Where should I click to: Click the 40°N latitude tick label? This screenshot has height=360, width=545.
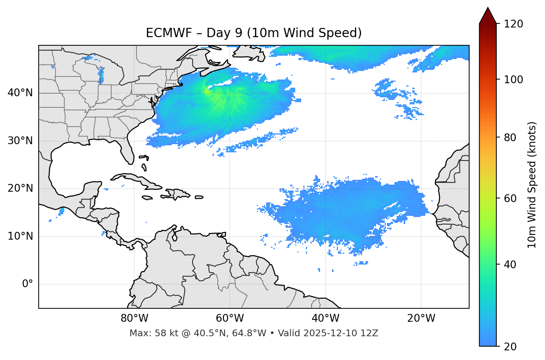coord(20,93)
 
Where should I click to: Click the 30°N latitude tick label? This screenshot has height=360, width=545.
coord(20,141)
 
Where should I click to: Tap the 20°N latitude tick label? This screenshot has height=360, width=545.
coord(20,188)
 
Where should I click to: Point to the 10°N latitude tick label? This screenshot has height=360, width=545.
coord(20,236)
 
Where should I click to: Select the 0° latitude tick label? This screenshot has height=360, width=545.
coord(28,284)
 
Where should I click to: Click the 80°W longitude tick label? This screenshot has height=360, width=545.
coord(134,318)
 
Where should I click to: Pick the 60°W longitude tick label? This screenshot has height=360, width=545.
coord(230,318)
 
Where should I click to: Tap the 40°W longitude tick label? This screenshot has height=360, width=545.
coord(325,318)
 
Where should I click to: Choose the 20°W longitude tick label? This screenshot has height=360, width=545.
coord(421,318)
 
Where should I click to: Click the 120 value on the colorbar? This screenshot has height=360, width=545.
coord(513,24)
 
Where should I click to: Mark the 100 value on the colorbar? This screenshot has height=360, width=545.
coord(513,80)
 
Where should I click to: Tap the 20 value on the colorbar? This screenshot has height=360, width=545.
coord(510,347)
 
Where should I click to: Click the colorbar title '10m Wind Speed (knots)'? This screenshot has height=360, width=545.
coord(532,185)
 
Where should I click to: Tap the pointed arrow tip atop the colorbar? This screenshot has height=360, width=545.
coord(488,9)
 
